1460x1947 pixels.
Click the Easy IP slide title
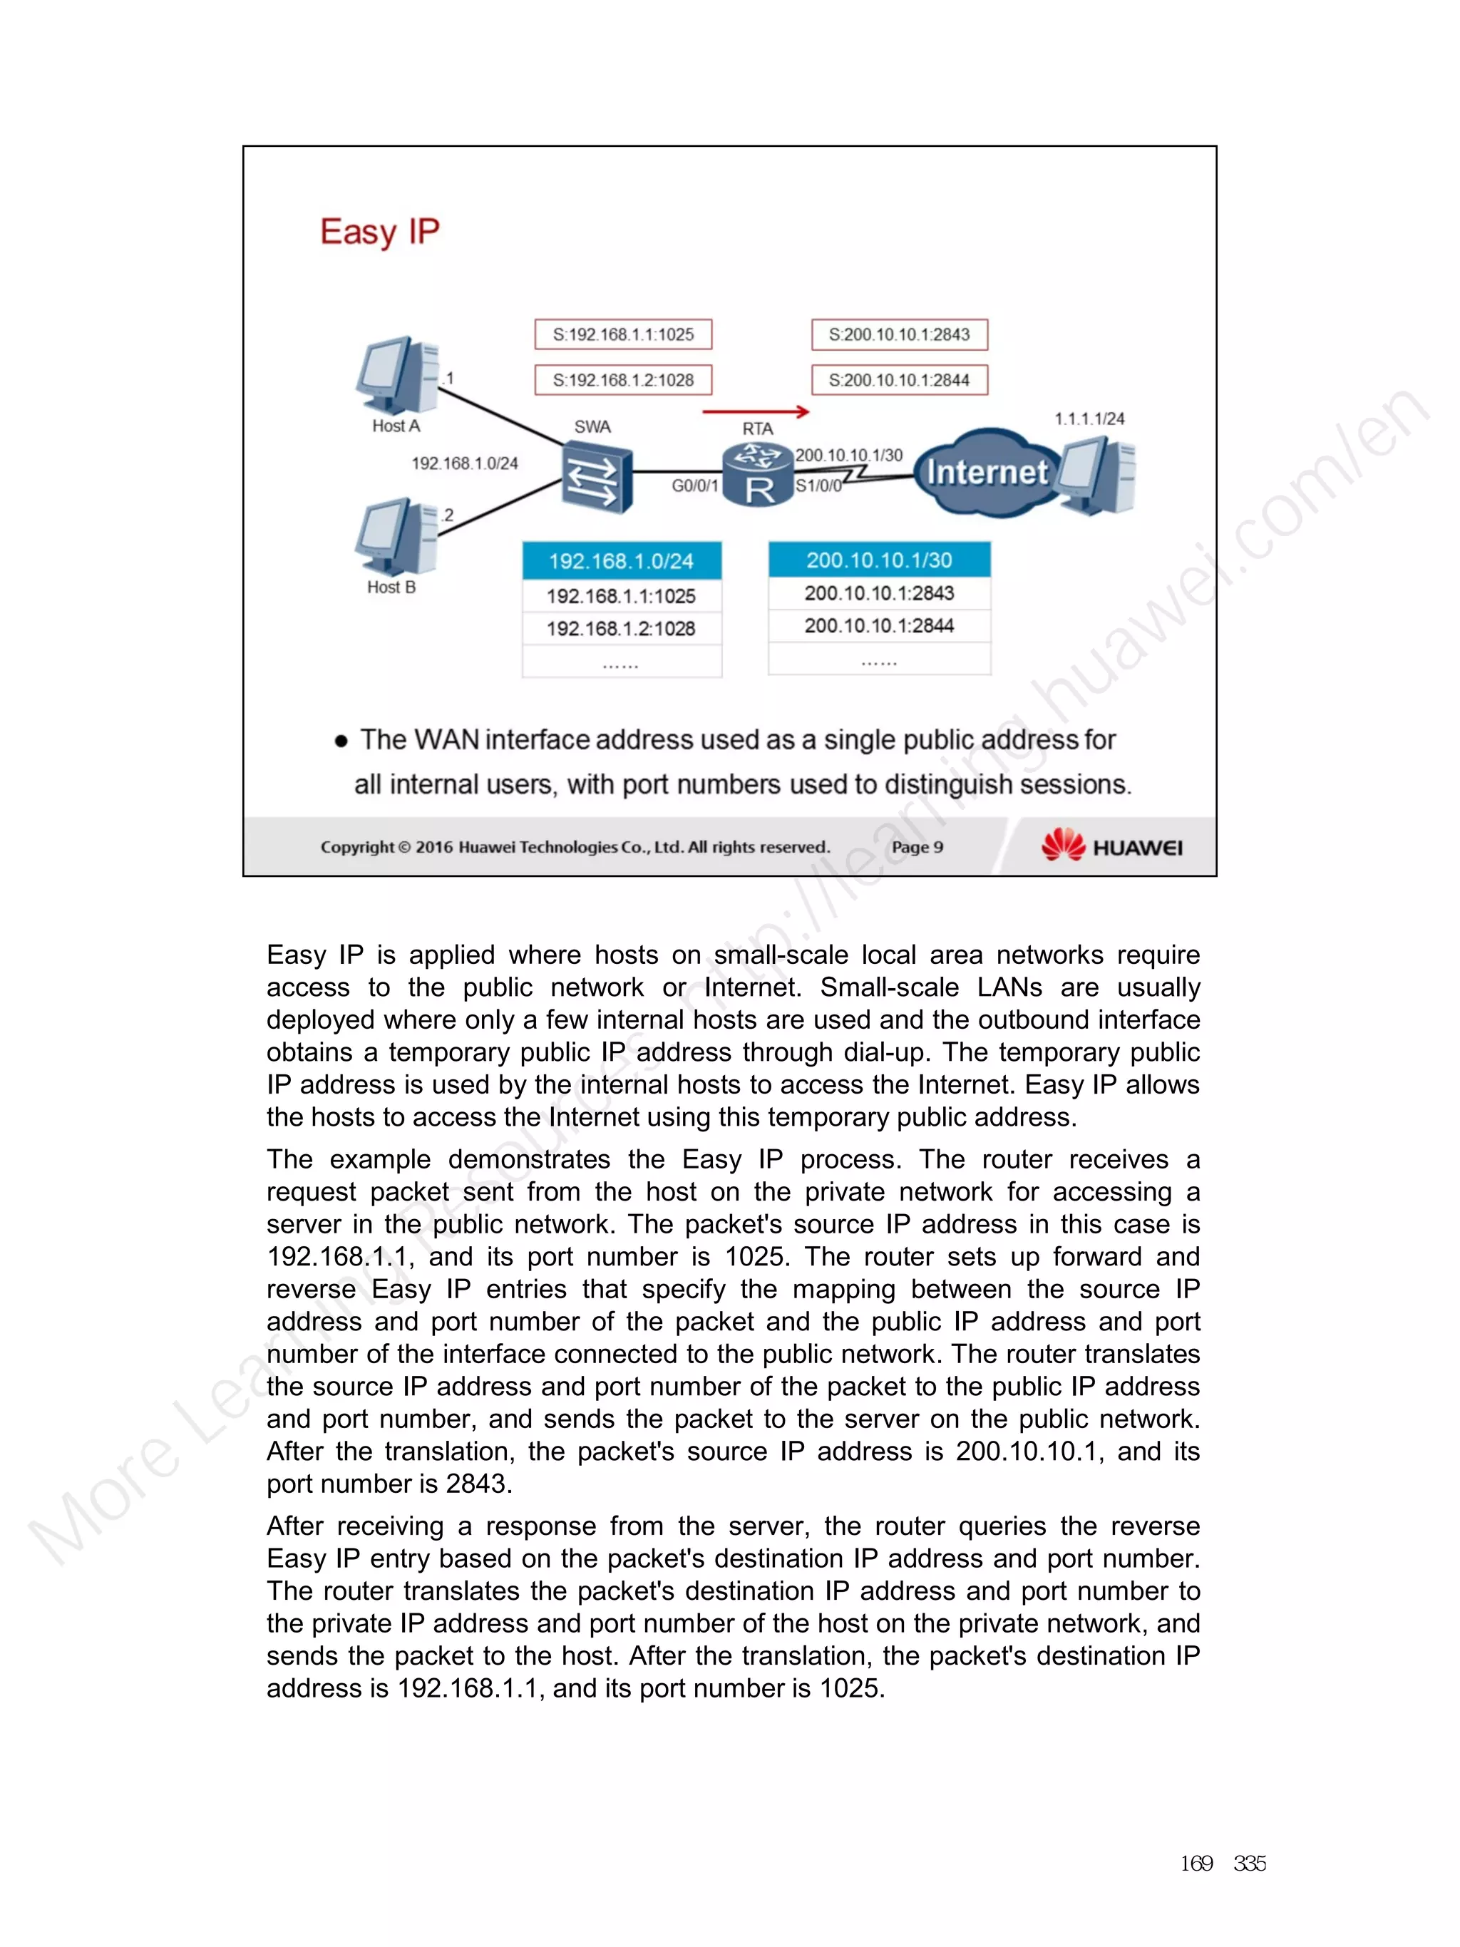[x=379, y=232]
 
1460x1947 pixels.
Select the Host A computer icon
[x=398, y=376]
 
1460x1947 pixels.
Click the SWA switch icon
[x=597, y=478]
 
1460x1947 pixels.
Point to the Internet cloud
[x=987, y=473]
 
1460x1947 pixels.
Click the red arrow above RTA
[x=756, y=411]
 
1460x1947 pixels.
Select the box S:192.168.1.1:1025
[x=623, y=334]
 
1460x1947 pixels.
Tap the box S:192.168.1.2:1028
[x=623, y=380]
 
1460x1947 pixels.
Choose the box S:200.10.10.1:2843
[x=900, y=334]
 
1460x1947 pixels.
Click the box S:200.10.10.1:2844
[x=900, y=380]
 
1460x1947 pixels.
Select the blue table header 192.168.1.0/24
[x=622, y=560]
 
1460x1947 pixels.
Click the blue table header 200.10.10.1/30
[x=879, y=560]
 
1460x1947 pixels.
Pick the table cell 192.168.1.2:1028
[x=622, y=629]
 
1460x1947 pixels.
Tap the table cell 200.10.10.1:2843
[x=879, y=593]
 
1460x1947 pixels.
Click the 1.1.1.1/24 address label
[x=1089, y=419]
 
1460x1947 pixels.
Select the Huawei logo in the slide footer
[x=1111, y=846]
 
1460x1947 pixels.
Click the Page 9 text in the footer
[x=917, y=847]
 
